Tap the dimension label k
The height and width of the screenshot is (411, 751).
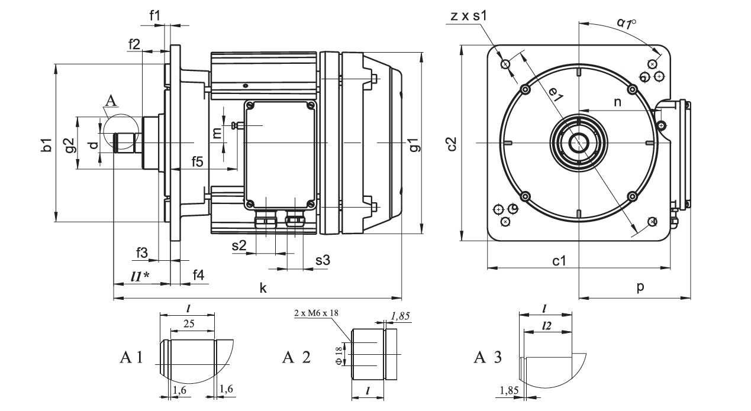pyautogui.click(x=263, y=289)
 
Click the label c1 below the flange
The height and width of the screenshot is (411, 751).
pyautogui.click(x=560, y=260)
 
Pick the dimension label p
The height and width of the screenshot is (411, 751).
pyautogui.click(x=640, y=287)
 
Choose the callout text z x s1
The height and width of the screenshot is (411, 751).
pyautogui.click(x=468, y=17)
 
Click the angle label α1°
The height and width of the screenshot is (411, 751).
pyautogui.click(x=626, y=23)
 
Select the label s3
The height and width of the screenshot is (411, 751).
pyautogui.click(x=323, y=260)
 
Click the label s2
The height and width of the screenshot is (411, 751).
pyautogui.click(x=238, y=246)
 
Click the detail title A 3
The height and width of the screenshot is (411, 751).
pyautogui.click(x=488, y=357)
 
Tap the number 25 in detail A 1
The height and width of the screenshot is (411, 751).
pyautogui.click(x=189, y=324)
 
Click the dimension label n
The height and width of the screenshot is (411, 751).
pyautogui.click(x=617, y=102)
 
